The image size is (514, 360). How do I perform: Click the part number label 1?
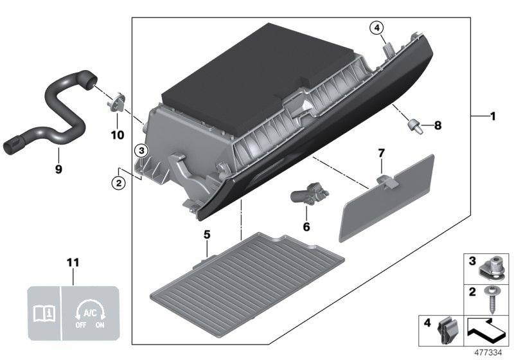pyautogui.click(x=493, y=116)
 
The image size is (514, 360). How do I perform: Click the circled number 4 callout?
pyautogui.click(x=376, y=28)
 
